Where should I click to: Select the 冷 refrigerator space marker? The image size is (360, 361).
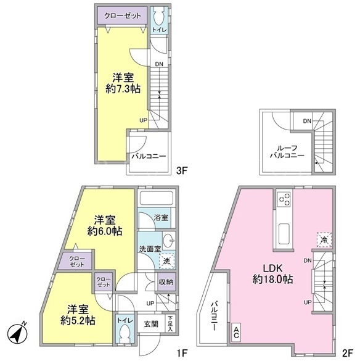(324, 240)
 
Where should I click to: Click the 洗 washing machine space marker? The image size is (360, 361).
(167, 261)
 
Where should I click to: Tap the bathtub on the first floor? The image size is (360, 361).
(157, 197)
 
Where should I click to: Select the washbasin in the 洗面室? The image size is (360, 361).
(169, 241)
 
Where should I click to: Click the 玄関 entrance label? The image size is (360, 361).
(151, 324)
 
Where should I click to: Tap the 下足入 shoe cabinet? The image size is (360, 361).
(170, 323)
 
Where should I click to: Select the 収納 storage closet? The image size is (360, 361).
(166, 282)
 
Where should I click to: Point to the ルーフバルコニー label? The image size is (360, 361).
(287, 151)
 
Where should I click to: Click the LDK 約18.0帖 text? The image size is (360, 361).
(272, 274)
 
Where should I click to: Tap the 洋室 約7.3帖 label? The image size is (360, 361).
(123, 83)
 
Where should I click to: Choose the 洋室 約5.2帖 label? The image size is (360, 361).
(78, 315)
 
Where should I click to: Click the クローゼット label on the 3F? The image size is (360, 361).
(123, 15)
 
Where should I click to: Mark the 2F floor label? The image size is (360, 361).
(347, 352)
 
